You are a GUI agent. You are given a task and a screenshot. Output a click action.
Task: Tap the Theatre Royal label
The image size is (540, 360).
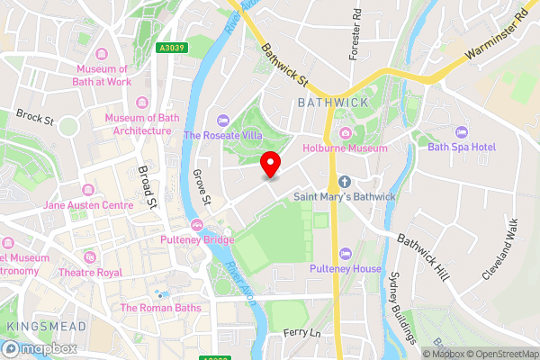point(90,272)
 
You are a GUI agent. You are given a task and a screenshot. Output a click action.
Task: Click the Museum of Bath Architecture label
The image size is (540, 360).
point(137,124)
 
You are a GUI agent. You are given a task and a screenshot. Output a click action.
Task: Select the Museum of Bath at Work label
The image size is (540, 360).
point(114,76)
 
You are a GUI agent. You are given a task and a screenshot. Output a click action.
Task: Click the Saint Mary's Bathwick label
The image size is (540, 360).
point(344,195)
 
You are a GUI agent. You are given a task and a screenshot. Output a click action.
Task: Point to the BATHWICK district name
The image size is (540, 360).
point(333,103)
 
